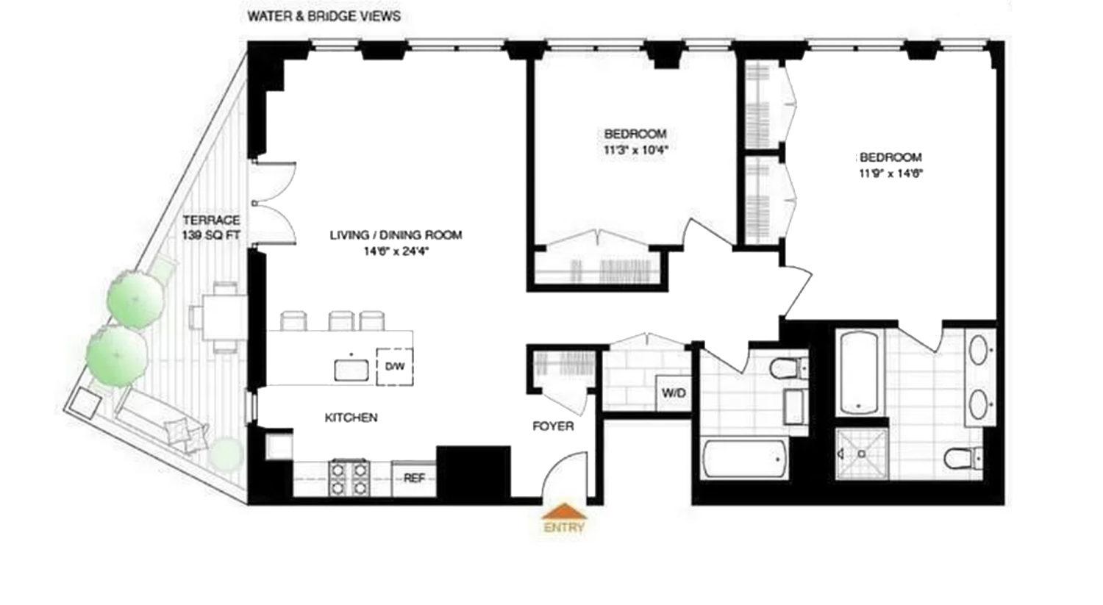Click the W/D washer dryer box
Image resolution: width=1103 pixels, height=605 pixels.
(x=673, y=393)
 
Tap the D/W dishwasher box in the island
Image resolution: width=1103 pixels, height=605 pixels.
(x=394, y=366)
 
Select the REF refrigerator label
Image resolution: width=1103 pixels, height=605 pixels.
(x=414, y=479)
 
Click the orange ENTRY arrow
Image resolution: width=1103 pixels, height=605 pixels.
(x=564, y=512)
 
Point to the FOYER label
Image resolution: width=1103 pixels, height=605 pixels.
(x=553, y=426)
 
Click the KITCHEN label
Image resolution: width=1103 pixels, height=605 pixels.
(x=351, y=418)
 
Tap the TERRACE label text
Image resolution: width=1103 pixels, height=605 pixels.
(x=211, y=220)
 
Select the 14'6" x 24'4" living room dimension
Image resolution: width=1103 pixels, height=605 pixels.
(x=396, y=251)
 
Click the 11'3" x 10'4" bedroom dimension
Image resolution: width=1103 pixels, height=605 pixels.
(x=635, y=150)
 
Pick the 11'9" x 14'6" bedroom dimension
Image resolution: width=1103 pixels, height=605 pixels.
(x=890, y=174)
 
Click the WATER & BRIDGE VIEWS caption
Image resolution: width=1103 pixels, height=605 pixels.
(x=324, y=16)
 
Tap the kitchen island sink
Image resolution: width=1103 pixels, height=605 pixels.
(x=351, y=369)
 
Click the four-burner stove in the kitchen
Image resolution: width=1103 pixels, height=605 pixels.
(x=349, y=478)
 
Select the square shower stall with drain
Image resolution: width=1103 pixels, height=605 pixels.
(x=862, y=454)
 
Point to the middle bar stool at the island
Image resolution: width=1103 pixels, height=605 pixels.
(x=341, y=321)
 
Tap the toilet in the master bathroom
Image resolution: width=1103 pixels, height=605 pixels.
(x=963, y=459)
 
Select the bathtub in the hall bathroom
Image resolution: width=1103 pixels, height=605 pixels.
(x=745, y=459)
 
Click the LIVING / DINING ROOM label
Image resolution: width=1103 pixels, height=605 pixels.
(x=396, y=235)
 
